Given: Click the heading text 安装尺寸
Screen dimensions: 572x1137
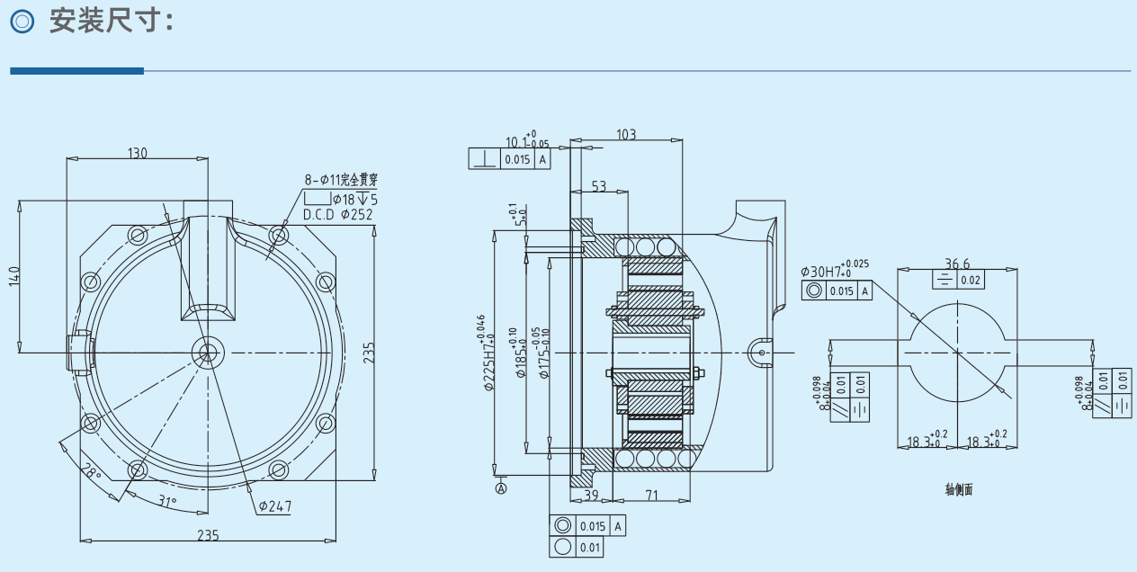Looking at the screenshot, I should (110, 22).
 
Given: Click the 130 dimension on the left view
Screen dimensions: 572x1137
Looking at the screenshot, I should (137, 153).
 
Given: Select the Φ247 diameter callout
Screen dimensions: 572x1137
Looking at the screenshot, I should (274, 506).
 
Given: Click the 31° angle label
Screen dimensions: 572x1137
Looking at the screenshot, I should (167, 502).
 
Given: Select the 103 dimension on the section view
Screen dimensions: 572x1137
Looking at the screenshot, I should (626, 135).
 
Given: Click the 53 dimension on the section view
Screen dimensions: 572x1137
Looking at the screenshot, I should (598, 186).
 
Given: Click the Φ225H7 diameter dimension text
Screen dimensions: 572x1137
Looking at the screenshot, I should (486, 355).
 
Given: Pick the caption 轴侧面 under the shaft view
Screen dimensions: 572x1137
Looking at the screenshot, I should (958, 490).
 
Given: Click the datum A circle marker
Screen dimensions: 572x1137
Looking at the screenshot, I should (501, 488).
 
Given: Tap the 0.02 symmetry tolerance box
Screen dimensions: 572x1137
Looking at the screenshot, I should (971, 280).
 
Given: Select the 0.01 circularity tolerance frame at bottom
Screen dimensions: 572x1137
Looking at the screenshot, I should (577, 547).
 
